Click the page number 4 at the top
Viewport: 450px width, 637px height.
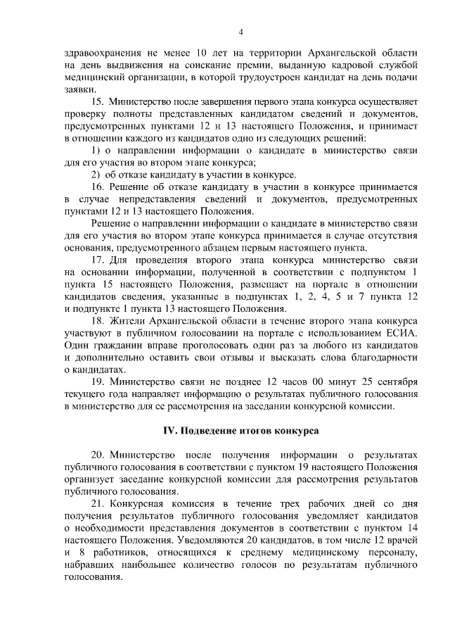tap(240, 32)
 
